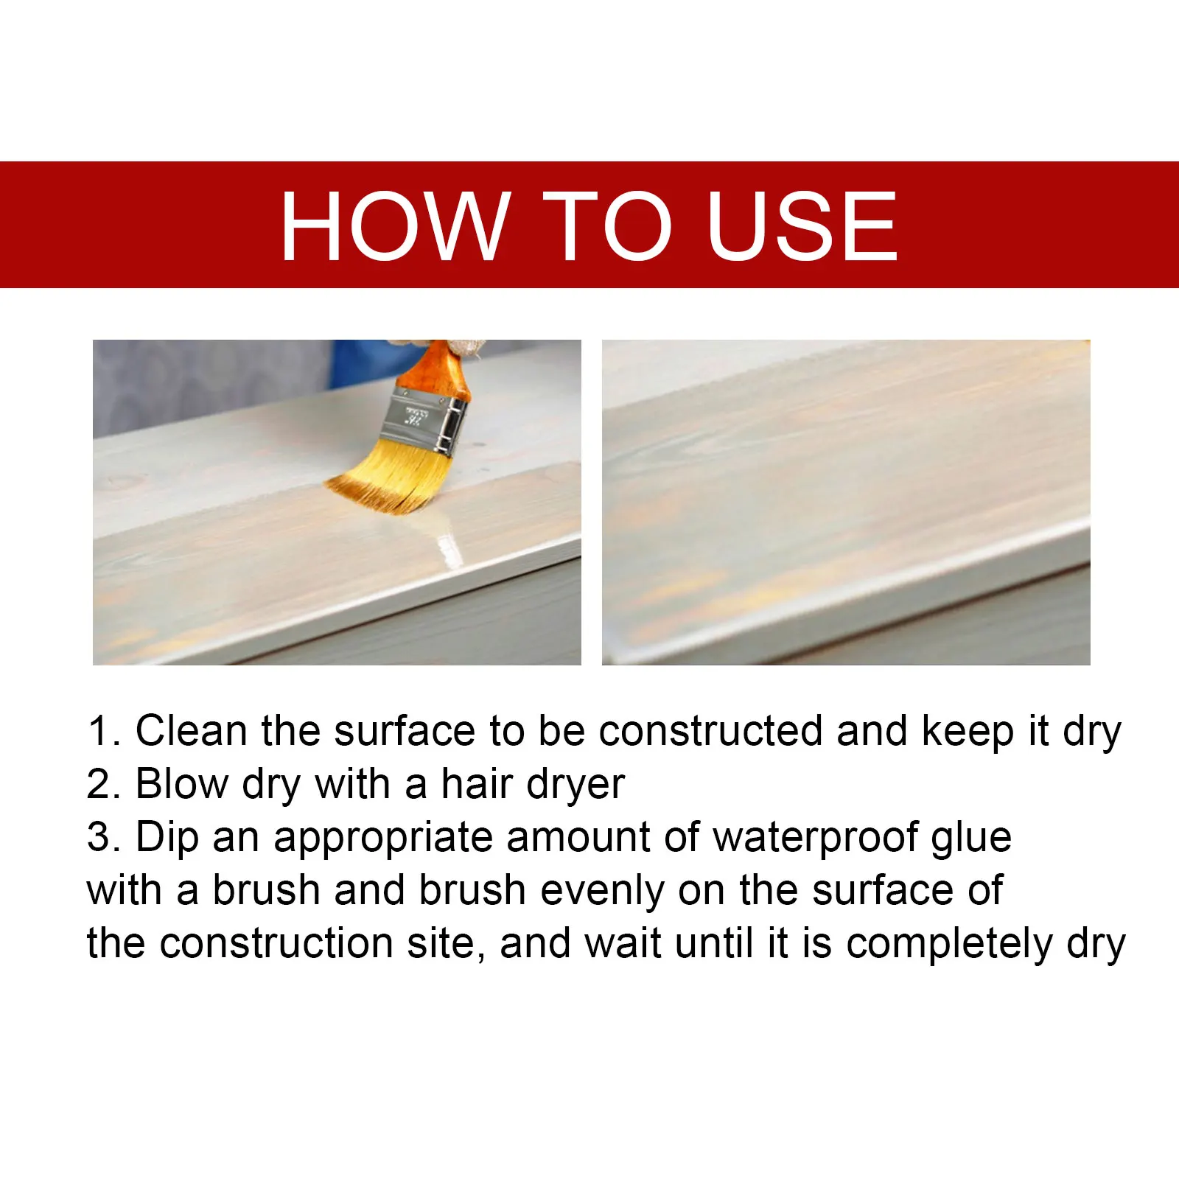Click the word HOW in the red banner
395,225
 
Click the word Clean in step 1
191,731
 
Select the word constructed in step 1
710,731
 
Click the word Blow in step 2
182,784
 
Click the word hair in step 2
475,784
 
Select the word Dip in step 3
167,839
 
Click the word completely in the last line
949,945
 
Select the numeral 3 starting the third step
98,837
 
